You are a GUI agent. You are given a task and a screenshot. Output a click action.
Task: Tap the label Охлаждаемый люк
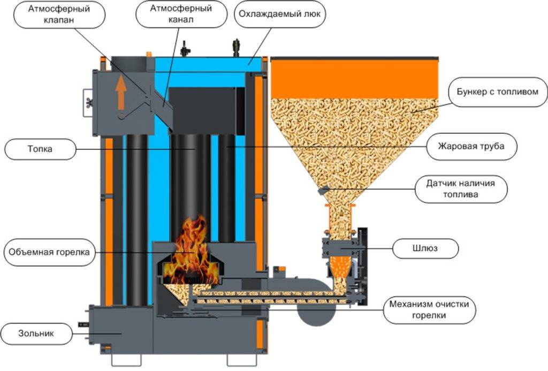point(279,14)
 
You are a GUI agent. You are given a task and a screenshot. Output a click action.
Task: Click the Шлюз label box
point(425,248)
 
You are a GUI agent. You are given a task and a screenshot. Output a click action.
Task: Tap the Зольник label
point(38,335)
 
